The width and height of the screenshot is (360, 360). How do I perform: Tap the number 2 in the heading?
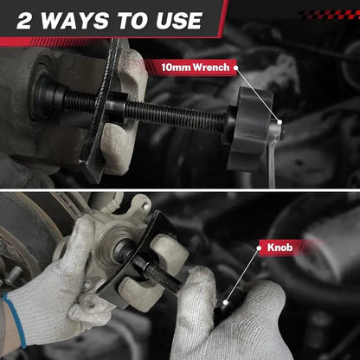click(24, 21)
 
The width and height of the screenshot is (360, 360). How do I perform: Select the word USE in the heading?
click(179, 21)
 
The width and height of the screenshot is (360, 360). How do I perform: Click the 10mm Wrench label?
click(196, 67)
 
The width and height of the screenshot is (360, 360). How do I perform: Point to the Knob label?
click(280, 247)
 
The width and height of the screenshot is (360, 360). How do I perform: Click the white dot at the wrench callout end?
click(280, 122)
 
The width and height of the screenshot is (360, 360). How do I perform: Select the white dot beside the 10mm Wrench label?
click(236, 67)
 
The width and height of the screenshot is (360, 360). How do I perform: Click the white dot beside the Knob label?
click(259, 248)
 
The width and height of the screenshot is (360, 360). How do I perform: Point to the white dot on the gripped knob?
click(225, 303)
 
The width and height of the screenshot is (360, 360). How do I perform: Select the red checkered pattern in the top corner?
click(329, 15)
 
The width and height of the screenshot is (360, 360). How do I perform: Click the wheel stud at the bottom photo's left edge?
click(12, 275)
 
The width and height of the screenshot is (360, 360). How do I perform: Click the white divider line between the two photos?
click(180, 190)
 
